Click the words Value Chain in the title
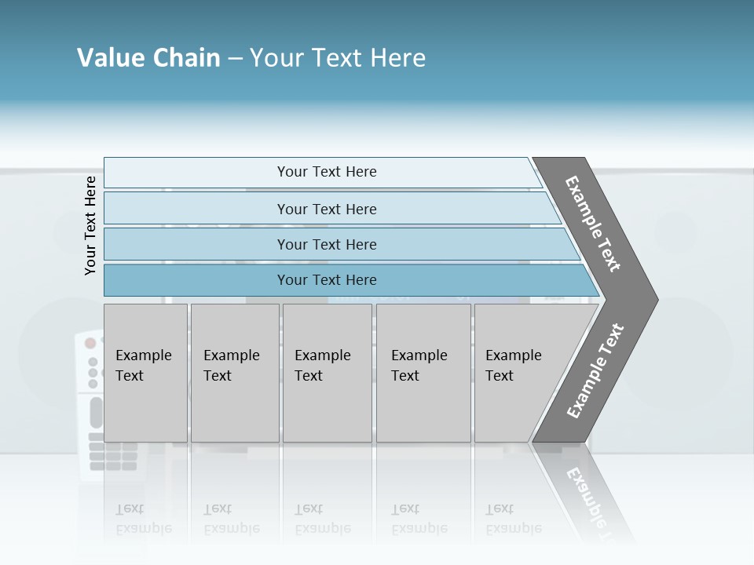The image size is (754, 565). [148, 58]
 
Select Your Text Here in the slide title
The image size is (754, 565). [338, 58]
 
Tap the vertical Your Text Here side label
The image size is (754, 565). [90, 225]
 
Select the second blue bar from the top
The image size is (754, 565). [326, 209]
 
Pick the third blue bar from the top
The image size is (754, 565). [326, 244]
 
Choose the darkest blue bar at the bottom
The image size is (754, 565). [326, 280]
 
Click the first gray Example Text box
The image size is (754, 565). [145, 373]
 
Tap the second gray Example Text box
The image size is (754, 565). [235, 373]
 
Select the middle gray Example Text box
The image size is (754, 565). [327, 373]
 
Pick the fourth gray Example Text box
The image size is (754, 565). [423, 373]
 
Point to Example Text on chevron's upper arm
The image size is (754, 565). [593, 224]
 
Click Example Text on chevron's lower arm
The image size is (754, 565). [595, 370]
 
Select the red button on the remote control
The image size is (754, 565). [90, 343]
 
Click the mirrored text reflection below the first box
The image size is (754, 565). [143, 519]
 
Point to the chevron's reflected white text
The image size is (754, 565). [585, 494]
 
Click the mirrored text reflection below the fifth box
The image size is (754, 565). [513, 519]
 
